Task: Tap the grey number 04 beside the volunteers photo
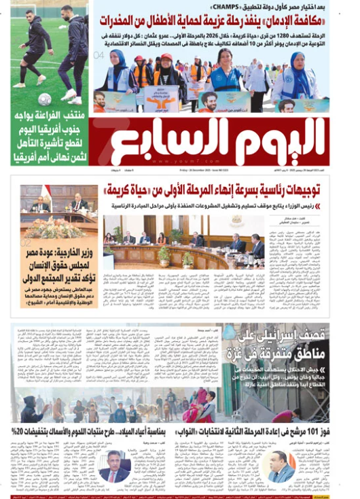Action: coord(99,55)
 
